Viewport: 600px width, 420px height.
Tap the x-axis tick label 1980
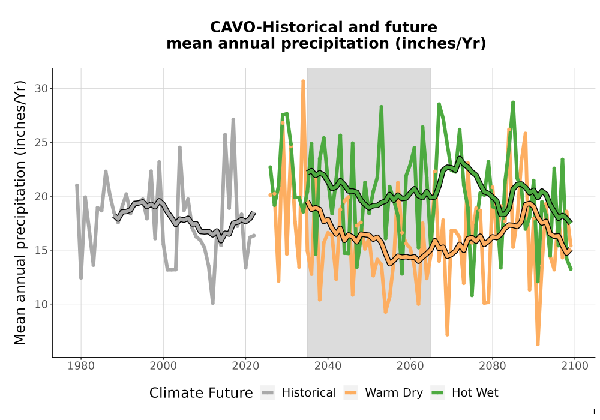pyautogui.click(x=81, y=365)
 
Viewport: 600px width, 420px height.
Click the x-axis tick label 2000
pyautogui.click(x=163, y=365)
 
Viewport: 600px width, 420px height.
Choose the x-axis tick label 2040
pyautogui.click(x=328, y=365)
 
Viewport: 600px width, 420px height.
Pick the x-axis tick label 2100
pyautogui.click(x=574, y=365)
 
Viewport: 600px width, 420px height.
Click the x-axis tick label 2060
pyautogui.click(x=410, y=365)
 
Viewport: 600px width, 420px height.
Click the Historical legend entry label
pyautogui.click(x=309, y=393)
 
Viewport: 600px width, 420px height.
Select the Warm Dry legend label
pyautogui.click(x=394, y=393)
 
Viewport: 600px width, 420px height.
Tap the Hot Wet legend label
pyautogui.click(x=475, y=393)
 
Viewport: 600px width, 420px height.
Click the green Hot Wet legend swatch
pyautogui.click(x=437, y=393)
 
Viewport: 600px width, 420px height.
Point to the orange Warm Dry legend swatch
pyautogui.click(x=350, y=393)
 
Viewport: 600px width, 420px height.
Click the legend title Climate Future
pyautogui.click(x=201, y=393)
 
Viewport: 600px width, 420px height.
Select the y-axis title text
pyautogui.click(x=20, y=212)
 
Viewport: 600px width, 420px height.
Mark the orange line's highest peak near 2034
pyautogui.click(x=303, y=81)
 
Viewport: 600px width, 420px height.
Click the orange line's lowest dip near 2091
pyautogui.click(x=538, y=344)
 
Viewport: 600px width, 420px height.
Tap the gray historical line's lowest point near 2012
pyautogui.click(x=212, y=303)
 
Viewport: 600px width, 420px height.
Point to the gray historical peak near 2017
pyautogui.click(x=233, y=120)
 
